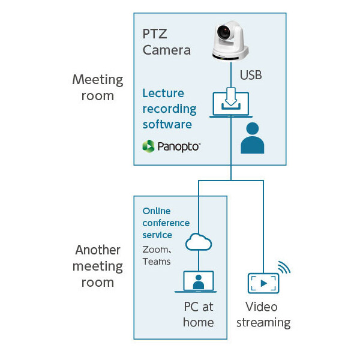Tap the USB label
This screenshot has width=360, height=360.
[251, 76]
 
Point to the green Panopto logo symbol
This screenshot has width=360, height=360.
[148, 146]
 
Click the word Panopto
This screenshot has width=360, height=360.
[179, 146]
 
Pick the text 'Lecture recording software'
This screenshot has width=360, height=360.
[169, 109]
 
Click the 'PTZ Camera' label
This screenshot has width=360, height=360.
[167, 41]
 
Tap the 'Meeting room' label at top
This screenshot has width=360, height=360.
[97, 87]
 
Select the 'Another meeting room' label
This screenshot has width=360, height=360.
[98, 266]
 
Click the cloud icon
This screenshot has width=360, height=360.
[199, 242]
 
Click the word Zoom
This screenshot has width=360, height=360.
[155, 249]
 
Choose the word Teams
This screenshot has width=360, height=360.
[156, 261]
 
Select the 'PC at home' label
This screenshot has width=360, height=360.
[199, 314]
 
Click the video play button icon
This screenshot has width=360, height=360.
[263, 283]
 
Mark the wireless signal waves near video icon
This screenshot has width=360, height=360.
[284, 266]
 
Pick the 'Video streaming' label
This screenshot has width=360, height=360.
[263, 314]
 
